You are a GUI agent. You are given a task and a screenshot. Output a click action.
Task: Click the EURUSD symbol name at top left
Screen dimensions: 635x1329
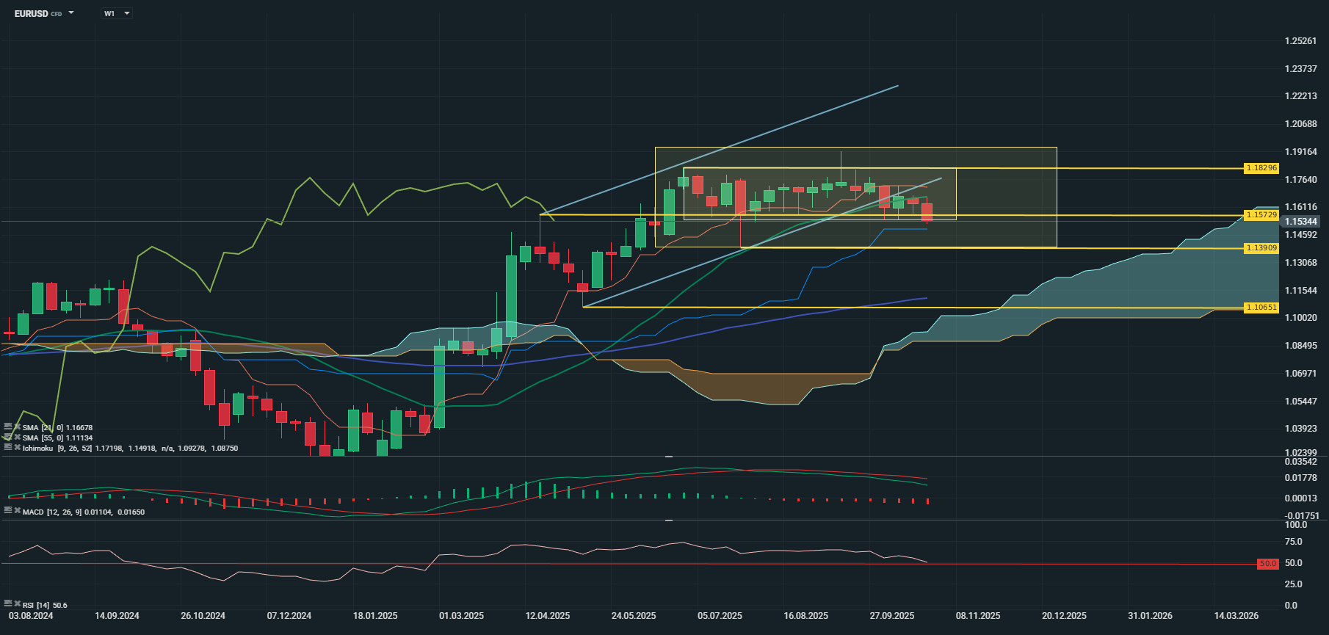tap(31, 13)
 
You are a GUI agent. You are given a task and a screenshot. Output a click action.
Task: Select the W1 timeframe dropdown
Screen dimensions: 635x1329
tap(116, 13)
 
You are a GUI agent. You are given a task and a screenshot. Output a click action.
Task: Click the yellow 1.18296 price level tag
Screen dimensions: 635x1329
tap(1261, 168)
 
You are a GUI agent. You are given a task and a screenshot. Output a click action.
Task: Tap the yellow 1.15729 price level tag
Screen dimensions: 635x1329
tap(1261, 215)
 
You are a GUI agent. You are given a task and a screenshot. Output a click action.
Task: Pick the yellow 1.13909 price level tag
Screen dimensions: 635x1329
tap(1261, 248)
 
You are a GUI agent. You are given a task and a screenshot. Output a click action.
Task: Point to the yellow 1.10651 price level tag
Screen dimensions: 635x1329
tap(1261, 308)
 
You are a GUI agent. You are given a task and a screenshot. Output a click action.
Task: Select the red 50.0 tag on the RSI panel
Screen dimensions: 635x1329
tap(1268, 564)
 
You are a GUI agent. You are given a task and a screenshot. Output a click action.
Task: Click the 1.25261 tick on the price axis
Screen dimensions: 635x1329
tap(1300, 41)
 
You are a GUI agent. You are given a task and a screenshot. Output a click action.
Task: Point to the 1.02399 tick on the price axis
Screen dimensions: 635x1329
tap(1300, 453)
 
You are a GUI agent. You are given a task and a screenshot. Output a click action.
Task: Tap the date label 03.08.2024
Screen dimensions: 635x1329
tap(31, 616)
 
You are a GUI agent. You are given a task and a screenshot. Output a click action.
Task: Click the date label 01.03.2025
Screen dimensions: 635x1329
tap(461, 616)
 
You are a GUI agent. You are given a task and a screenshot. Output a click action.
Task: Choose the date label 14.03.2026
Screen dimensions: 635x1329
tap(1236, 616)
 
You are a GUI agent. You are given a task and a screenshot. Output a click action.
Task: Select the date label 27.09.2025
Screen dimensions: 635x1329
tap(892, 616)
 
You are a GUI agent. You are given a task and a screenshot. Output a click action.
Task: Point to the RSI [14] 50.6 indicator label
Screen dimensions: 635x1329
tap(45, 605)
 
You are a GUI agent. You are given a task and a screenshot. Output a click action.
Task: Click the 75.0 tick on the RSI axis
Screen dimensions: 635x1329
tap(1293, 542)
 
